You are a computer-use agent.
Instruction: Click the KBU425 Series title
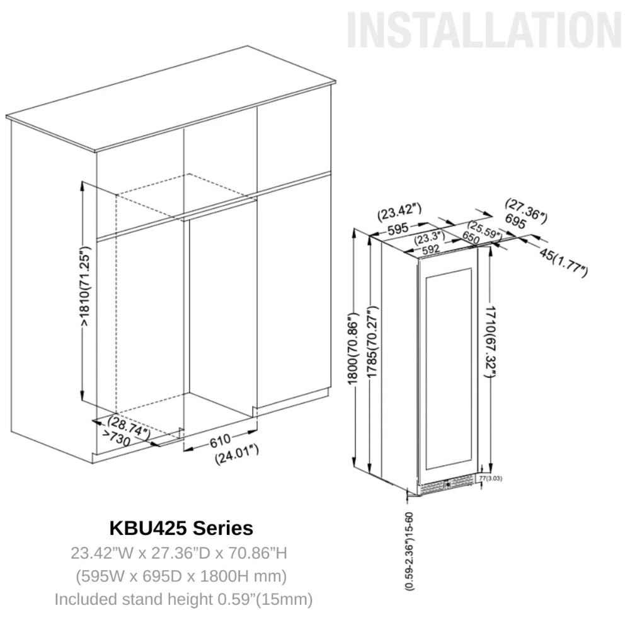point(181,527)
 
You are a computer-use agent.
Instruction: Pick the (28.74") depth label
point(129,427)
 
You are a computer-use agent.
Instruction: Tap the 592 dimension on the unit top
point(431,249)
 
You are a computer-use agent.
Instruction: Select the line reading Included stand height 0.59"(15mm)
point(183,598)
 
